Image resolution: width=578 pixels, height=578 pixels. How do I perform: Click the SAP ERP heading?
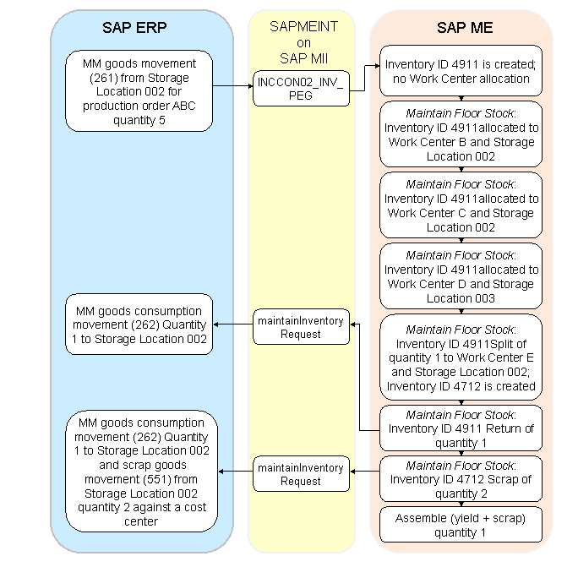pos(134,27)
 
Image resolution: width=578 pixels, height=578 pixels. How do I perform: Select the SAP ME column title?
pos(465,27)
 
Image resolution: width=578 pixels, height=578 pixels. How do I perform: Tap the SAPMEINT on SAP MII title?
pos(303,42)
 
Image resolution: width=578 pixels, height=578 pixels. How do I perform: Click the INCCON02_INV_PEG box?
pos(301,88)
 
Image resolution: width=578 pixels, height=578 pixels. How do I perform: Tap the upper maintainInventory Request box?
pos(301,326)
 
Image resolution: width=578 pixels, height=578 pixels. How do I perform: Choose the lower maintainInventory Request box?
pos(301,474)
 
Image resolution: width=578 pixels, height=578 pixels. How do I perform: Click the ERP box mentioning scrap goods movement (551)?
pos(141,472)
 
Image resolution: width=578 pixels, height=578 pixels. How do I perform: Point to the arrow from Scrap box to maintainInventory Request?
pos(364,472)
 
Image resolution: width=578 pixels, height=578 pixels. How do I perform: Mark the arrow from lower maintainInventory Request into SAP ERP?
pos(236,472)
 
